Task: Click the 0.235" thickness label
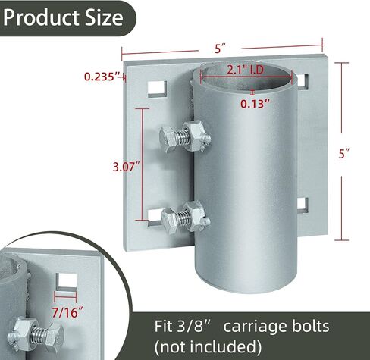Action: click(x=102, y=77)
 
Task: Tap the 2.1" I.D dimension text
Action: click(x=245, y=70)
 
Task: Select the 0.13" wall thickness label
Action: click(x=255, y=104)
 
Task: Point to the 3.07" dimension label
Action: click(x=126, y=167)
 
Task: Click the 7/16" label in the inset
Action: click(x=67, y=312)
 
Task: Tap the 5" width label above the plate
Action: click(x=220, y=49)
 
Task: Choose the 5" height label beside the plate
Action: click(x=344, y=154)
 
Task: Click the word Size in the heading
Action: click(x=104, y=17)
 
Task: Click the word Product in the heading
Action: click(x=42, y=17)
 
